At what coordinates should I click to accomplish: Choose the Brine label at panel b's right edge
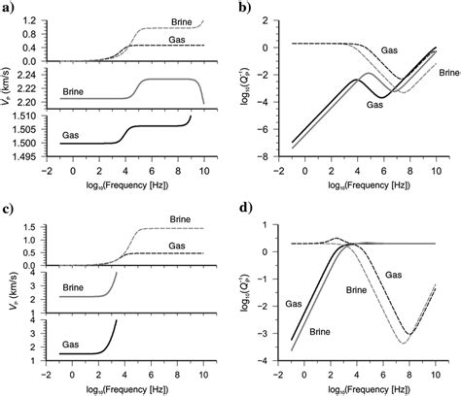tap(446, 73)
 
